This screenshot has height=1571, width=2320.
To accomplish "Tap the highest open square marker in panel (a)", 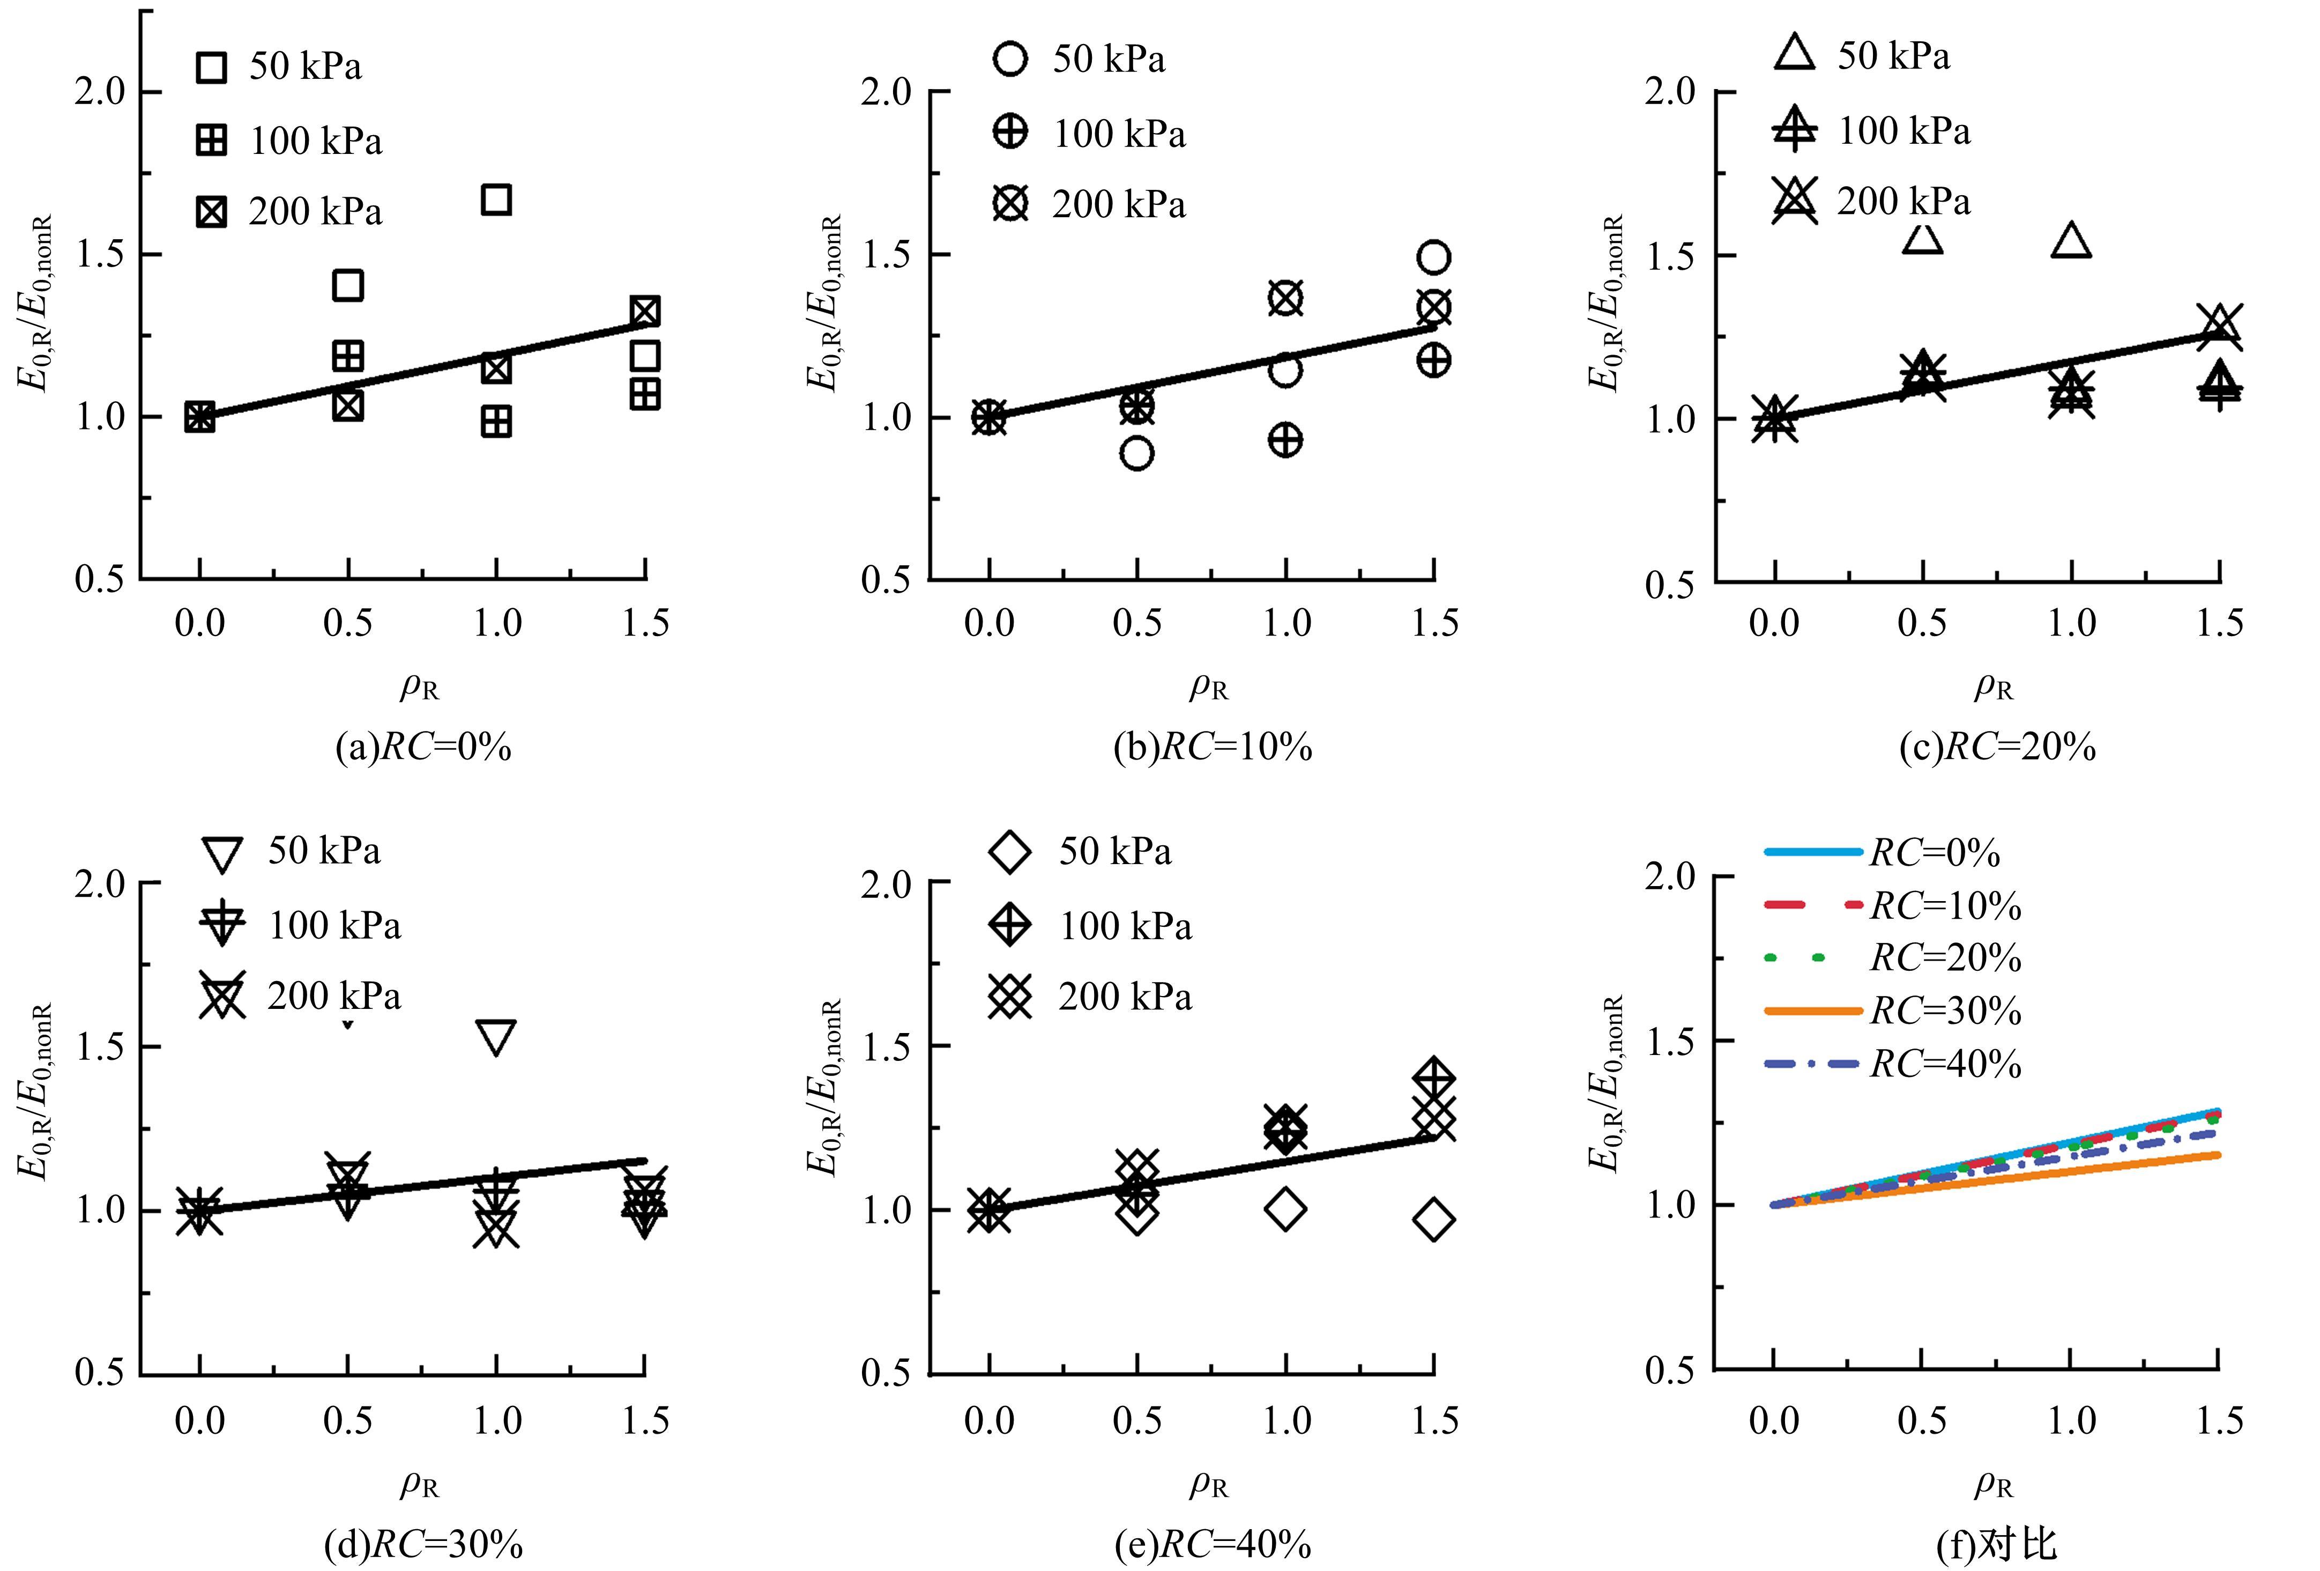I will (496, 200).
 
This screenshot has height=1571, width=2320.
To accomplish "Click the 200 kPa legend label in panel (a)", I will (315, 212).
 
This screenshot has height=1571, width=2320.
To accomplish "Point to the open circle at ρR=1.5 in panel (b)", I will (1433, 257).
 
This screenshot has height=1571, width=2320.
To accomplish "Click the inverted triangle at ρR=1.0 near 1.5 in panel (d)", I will (496, 1038).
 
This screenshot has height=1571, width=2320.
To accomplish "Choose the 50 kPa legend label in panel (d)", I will (324, 851).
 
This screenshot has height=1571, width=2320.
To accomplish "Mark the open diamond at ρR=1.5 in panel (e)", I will (1433, 1220).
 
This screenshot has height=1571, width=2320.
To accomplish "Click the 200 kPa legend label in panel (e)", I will (1125, 997).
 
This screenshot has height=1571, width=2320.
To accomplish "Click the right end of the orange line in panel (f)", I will (2217, 1155).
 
